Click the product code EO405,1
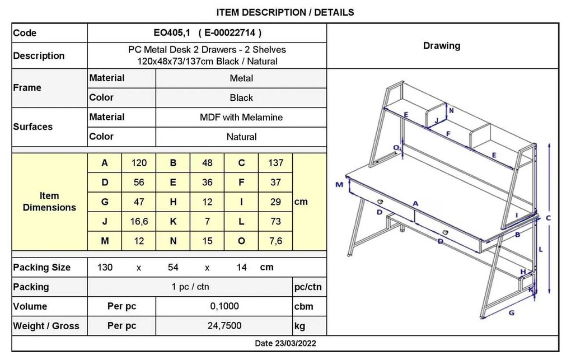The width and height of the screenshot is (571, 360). coord(172,33)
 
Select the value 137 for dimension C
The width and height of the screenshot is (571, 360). coord(275,163)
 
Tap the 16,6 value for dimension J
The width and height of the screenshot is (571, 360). coord(139,222)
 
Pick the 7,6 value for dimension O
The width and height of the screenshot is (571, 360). coord(275,241)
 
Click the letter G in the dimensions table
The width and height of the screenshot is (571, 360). coord(105,202)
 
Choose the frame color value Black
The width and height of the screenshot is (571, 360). coord(241,97)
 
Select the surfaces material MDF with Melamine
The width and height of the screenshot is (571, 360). coord(241,118)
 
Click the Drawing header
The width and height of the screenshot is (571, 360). coord(442,45)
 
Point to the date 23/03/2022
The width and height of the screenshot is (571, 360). coord(296,343)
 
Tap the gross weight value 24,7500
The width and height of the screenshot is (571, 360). coord(224,325)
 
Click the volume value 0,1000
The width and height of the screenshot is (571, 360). coord(224,306)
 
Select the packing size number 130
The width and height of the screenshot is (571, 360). coord(105,268)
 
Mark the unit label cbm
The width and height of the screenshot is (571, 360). coord(304,306)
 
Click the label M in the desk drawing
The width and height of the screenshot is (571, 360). coord(339,184)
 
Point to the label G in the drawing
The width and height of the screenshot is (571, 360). coord(511,312)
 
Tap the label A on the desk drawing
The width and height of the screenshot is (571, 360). coord(415,204)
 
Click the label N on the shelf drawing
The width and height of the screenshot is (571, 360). coord(452,110)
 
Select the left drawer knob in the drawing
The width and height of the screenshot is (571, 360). coord(380,202)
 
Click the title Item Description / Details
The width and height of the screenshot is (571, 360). coord(285,12)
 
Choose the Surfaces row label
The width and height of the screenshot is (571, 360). coord(33,127)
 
